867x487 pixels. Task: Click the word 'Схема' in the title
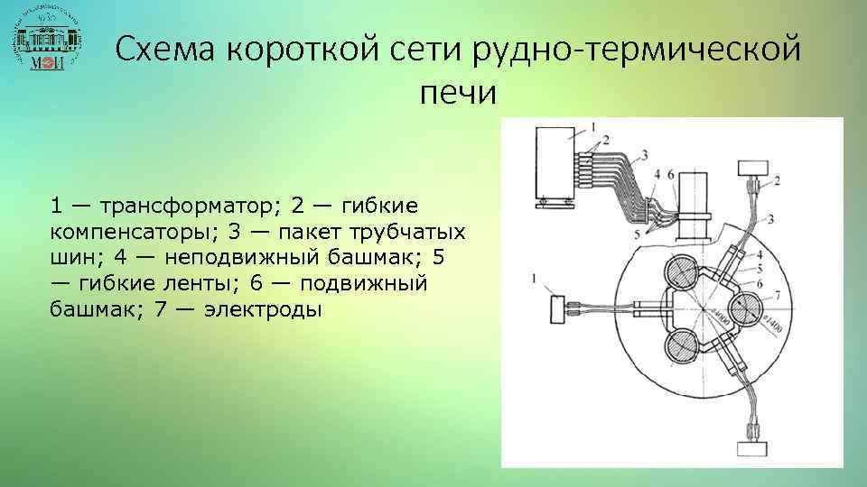(x=167, y=49)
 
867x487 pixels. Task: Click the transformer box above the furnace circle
(x=754, y=168)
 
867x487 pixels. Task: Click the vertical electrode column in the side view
(x=694, y=206)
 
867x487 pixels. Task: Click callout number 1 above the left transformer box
(x=538, y=278)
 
